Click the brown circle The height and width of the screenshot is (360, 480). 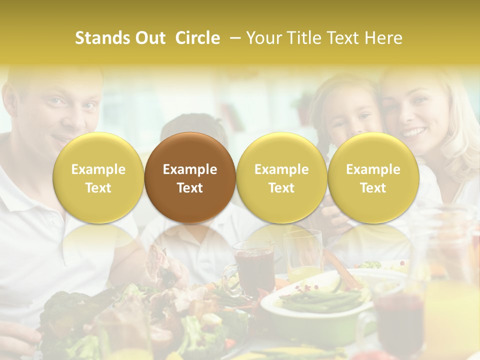tap(190, 177)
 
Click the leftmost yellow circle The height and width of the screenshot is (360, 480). tap(98, 177)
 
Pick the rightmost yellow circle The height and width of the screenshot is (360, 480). tap(373, 177)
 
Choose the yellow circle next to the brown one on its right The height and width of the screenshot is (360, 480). tap(281, 177)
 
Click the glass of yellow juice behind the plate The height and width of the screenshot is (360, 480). tap(303, 255)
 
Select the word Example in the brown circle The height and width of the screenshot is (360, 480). tap(190, 169)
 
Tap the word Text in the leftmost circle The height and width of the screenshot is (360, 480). tap(98, 188)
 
